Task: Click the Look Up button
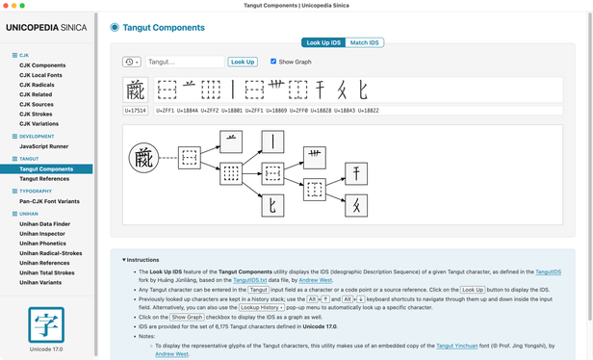click(243, 62)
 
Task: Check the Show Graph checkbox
click(273, 62)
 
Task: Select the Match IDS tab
click(364, 42)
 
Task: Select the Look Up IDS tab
click(322, 42)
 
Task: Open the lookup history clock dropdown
click(132, 62)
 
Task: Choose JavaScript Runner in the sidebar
click(46, 146)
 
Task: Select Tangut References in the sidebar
click(44, 178)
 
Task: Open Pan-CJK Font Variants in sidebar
click(52, 200)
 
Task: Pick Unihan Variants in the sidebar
click(41, 281)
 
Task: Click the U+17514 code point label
click(135, 111)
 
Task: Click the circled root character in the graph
click(144, 157)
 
